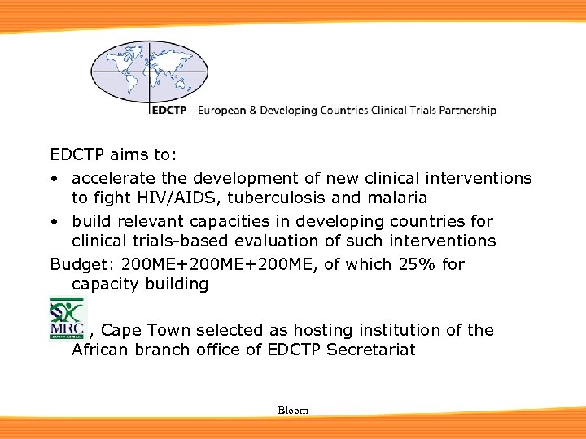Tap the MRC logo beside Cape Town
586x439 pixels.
pos(67,318)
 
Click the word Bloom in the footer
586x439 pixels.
pos(293,411)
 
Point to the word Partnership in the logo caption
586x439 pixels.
pos(465,110)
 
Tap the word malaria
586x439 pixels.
pos(397,198)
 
